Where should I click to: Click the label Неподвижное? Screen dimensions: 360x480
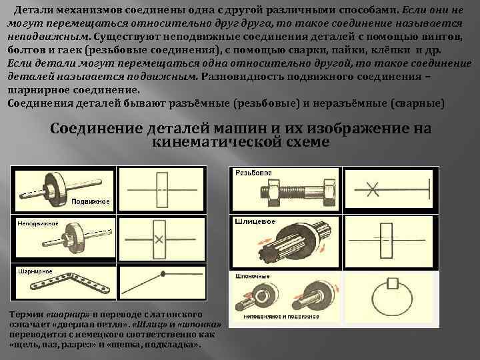click(38, 223)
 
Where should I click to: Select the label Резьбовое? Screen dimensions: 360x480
click(253, 172)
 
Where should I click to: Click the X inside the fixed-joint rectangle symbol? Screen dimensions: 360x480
click(159, 239)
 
